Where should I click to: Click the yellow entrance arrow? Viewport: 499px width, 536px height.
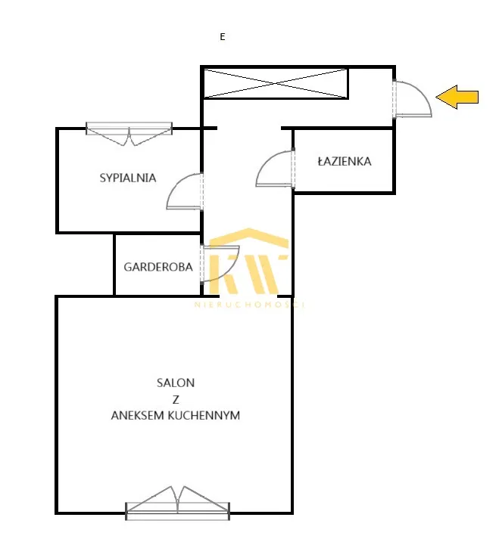[x=457, y=97]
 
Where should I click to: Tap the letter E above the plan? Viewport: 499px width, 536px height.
[x=223, y=37]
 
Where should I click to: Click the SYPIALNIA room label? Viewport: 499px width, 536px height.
[x=128, y=178]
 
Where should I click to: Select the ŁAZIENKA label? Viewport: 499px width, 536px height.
[x=345, y=161]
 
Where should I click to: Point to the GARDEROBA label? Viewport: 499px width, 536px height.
[x=158, y=267]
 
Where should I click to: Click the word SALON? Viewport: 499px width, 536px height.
[x=176, y=383]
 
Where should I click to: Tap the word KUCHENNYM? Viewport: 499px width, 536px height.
[x=204, y=415]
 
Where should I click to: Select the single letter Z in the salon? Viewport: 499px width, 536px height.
[x=176, y=399]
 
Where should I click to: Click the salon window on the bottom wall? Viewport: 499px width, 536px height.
[x=177, y=503]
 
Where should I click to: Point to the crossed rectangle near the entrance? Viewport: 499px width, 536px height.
[x=276, y=83]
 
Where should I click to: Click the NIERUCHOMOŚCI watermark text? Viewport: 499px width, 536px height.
[x=249, y=305]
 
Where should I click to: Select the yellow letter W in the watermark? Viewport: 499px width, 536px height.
[x=266, y=274]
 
